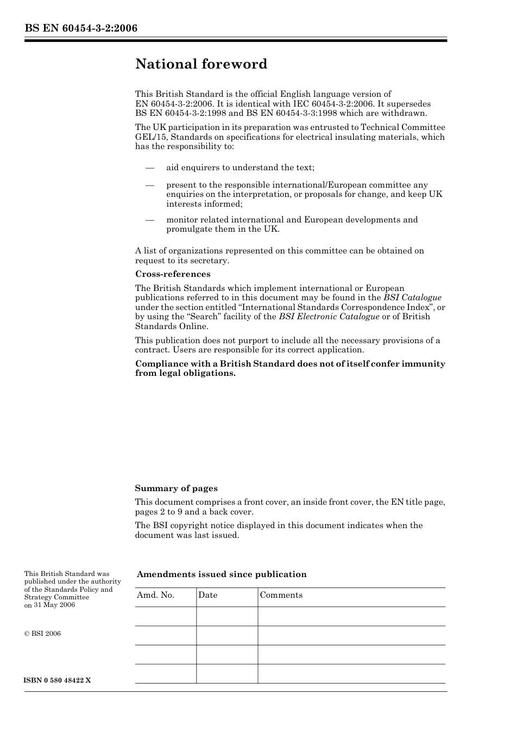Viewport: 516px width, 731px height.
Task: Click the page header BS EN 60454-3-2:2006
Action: (x=81, y=28)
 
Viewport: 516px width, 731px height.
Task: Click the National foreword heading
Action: (x=201, y=64)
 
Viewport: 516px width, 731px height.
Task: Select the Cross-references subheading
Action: (x=173, y=274)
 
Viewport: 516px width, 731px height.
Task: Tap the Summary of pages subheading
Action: (x=176, y=488)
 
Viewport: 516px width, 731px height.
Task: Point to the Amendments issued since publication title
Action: (x=222, y=574)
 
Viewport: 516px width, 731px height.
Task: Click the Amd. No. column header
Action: (x=155, y=595)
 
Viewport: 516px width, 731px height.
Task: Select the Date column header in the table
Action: (x=207, y=595)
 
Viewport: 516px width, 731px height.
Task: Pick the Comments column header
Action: (x=281, y=595)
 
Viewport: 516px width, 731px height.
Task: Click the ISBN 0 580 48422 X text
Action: (x=58, y=680)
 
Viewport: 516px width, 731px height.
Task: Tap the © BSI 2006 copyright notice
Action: (x=42, y=634)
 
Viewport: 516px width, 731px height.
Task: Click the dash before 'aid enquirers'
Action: (x=150, y=168)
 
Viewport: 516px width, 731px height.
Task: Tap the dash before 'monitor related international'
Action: (x=150, y=220)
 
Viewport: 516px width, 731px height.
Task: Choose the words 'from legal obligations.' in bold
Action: (x=185, y=374)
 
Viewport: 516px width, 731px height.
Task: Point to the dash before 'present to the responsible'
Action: (x=150, y=185)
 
